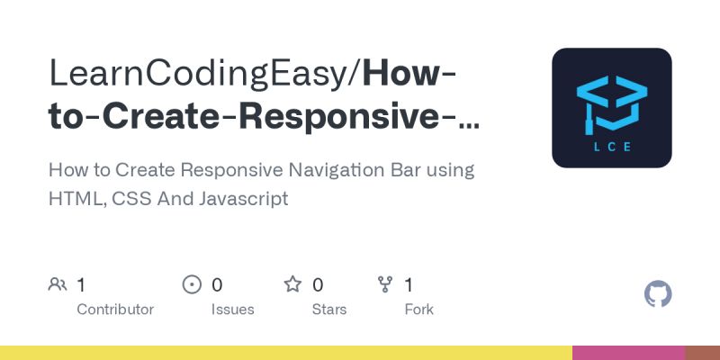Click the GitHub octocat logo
pos(659,294)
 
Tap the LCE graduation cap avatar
pos(612,108)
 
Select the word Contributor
pos(115,310)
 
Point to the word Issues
pos(232,310)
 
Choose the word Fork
pos(418,310)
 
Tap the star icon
pos(292,285)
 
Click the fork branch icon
pos(385,285)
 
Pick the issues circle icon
pos(192,285)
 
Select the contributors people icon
pos(58,285)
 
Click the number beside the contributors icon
pos(81,285)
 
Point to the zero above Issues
pos(217,285)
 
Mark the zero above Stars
pos(318,285)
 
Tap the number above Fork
pos(409,285)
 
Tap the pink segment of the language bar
pos(628,353)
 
